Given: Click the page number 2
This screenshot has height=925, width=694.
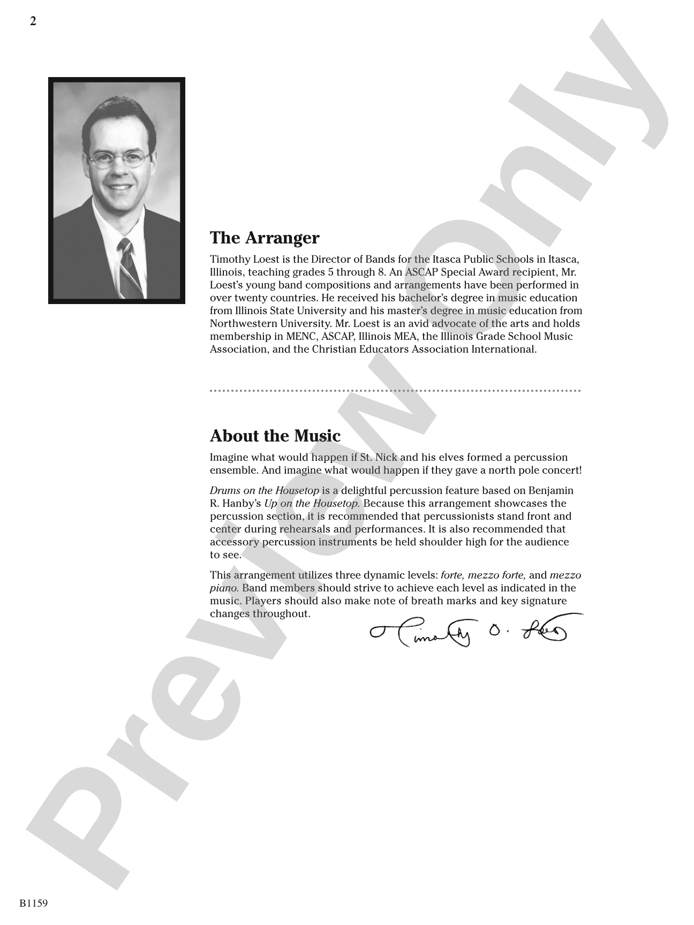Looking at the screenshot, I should [x=33, y=21].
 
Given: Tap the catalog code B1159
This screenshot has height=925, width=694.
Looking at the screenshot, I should [x=34, y=903].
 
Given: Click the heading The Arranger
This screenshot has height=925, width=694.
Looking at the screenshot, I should [x=265, y=238].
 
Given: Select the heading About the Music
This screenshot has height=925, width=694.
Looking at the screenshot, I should [x=275, y=436].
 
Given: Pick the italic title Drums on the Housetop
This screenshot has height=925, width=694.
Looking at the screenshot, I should [x=265, y=490].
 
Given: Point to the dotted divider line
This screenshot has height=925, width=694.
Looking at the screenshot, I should [x=395, y=391].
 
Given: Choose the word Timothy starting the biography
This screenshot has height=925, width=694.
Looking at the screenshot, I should [x=230, y=259].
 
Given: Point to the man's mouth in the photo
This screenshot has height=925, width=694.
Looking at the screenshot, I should [x=119, y=188].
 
